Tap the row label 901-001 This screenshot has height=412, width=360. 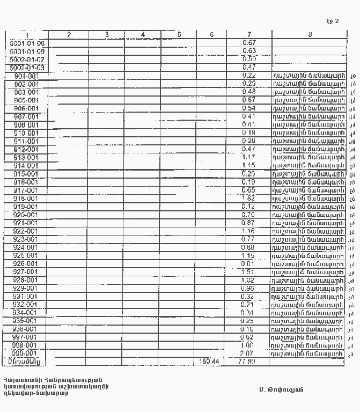27,76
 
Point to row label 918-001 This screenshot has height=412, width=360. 27,198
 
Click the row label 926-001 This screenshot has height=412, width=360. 27,264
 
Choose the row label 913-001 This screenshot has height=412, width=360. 27,158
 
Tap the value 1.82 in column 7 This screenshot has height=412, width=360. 248,198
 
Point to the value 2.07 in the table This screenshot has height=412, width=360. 248,354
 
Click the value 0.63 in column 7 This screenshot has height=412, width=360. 249,51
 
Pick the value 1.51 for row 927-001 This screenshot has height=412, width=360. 248,272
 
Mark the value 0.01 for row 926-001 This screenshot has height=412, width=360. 248,264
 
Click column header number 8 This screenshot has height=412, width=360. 310,35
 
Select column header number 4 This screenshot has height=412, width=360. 143,35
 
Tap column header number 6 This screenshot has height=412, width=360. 212,35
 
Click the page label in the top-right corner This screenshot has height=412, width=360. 333,21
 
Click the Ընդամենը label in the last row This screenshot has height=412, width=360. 27,362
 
